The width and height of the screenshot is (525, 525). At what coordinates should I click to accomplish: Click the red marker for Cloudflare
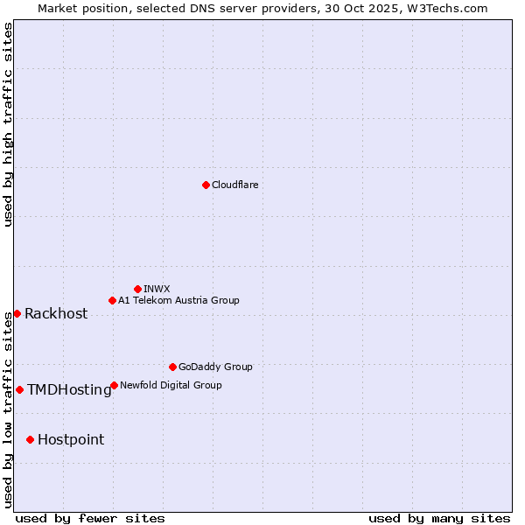[x=206, y=185]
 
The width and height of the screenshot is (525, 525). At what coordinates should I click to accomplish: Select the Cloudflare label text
[x=234, y=185]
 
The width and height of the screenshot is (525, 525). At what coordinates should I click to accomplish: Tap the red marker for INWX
[x=137, y=289]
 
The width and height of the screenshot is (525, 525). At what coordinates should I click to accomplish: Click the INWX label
[x=157, y=289]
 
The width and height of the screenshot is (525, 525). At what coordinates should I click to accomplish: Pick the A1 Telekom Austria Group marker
[x=112, y=300]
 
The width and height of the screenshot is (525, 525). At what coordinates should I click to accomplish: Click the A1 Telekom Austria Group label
[x=178, y=300]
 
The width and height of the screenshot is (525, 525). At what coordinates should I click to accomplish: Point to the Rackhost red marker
[x=17, y=313]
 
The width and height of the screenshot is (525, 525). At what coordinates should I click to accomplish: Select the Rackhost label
[x=56, y=314]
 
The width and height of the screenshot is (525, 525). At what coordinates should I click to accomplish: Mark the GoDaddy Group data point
[x=172, y=367]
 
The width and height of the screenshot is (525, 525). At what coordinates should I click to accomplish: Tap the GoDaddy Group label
[x=215, y=367]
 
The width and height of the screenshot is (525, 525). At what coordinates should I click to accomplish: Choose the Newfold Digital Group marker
[x=115, y=385]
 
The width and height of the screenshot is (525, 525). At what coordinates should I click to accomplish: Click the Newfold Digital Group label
[x=171, y=385]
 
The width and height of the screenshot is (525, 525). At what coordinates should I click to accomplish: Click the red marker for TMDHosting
[x=19, y=389]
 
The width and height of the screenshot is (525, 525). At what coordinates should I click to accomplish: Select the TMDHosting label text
[x=69, y=390]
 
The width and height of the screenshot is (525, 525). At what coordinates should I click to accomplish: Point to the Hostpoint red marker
[x=30, y=439]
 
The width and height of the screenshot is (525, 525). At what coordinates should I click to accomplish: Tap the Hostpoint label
[x=71, y=440]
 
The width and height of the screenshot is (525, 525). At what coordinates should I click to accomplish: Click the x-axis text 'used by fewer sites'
[x=90, y=518]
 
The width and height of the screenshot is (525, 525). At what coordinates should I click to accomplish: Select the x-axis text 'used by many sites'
[x=439, y=518]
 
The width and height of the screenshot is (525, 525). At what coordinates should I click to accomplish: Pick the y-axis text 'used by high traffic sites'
[x=9, y=124]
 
